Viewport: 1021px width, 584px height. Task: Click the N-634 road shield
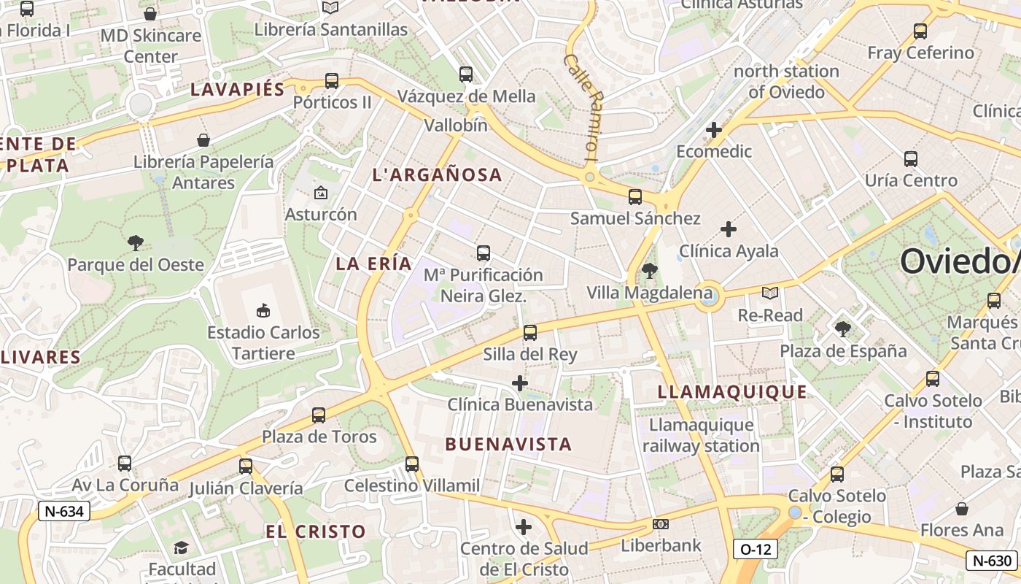pos(64,511)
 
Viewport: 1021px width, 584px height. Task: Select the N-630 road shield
pos(991,561)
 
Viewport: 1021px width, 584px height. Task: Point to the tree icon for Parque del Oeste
pos(135,243)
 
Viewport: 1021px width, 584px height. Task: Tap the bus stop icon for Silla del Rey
pos(530,333)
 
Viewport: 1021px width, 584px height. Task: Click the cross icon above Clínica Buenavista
pos(520,383)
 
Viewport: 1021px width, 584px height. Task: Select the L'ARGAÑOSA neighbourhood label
pos(437,175)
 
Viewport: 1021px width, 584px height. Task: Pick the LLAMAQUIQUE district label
pos(732,392)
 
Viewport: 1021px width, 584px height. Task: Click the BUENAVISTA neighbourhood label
pos(508,444)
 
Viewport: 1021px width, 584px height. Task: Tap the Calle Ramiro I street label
pos(583,107)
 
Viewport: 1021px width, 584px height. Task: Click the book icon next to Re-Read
pos(770,293)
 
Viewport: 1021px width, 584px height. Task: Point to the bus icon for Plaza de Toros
pos(319,415)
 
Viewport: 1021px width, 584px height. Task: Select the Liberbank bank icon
pos(661,524)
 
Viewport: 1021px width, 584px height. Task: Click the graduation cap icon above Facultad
pos(181,547)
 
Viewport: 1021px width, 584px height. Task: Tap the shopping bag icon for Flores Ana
pos(962,509)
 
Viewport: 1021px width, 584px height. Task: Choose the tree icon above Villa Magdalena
pos(649,272)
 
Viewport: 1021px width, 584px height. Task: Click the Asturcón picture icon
pos(320,193)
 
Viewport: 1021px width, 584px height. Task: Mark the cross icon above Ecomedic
pos(714,130)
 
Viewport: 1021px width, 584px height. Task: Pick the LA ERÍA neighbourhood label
pos(373,264)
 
